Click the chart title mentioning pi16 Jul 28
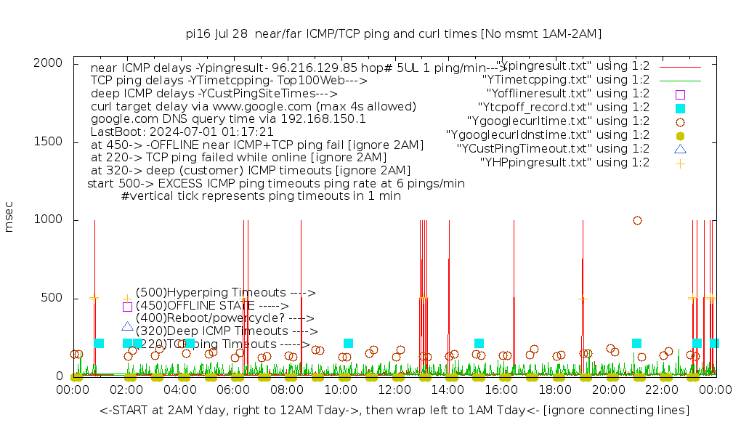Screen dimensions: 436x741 click(x=393, y=33)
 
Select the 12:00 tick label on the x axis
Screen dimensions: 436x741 click(x=395, y=391)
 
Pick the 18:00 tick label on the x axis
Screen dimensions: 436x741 click(x=556, y=391)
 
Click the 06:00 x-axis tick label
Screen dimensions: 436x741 click(x=234, y=391)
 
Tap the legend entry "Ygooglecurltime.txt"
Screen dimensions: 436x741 click(x=559, y=121)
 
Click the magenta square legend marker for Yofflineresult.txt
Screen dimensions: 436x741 click(x=680, y=94)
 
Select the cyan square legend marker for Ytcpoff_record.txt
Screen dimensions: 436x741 click(x=680, y=108)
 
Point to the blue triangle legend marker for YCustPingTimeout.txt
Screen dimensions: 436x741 click(x=680, y=149)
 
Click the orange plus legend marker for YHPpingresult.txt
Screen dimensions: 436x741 click(x=680, y=163)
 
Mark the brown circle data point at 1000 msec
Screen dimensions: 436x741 click(x=637, y=220)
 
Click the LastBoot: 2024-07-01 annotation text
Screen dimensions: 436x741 click(x=182, y=132)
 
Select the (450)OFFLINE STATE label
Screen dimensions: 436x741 click(x=212, y=306)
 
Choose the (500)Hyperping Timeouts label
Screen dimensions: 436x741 click(x=226, y=293)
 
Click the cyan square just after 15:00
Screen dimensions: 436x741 click(x=479, y=343)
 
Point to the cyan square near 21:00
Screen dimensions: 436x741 click(x=636, y=343)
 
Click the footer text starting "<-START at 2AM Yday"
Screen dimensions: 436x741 click(x=394, y=411)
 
